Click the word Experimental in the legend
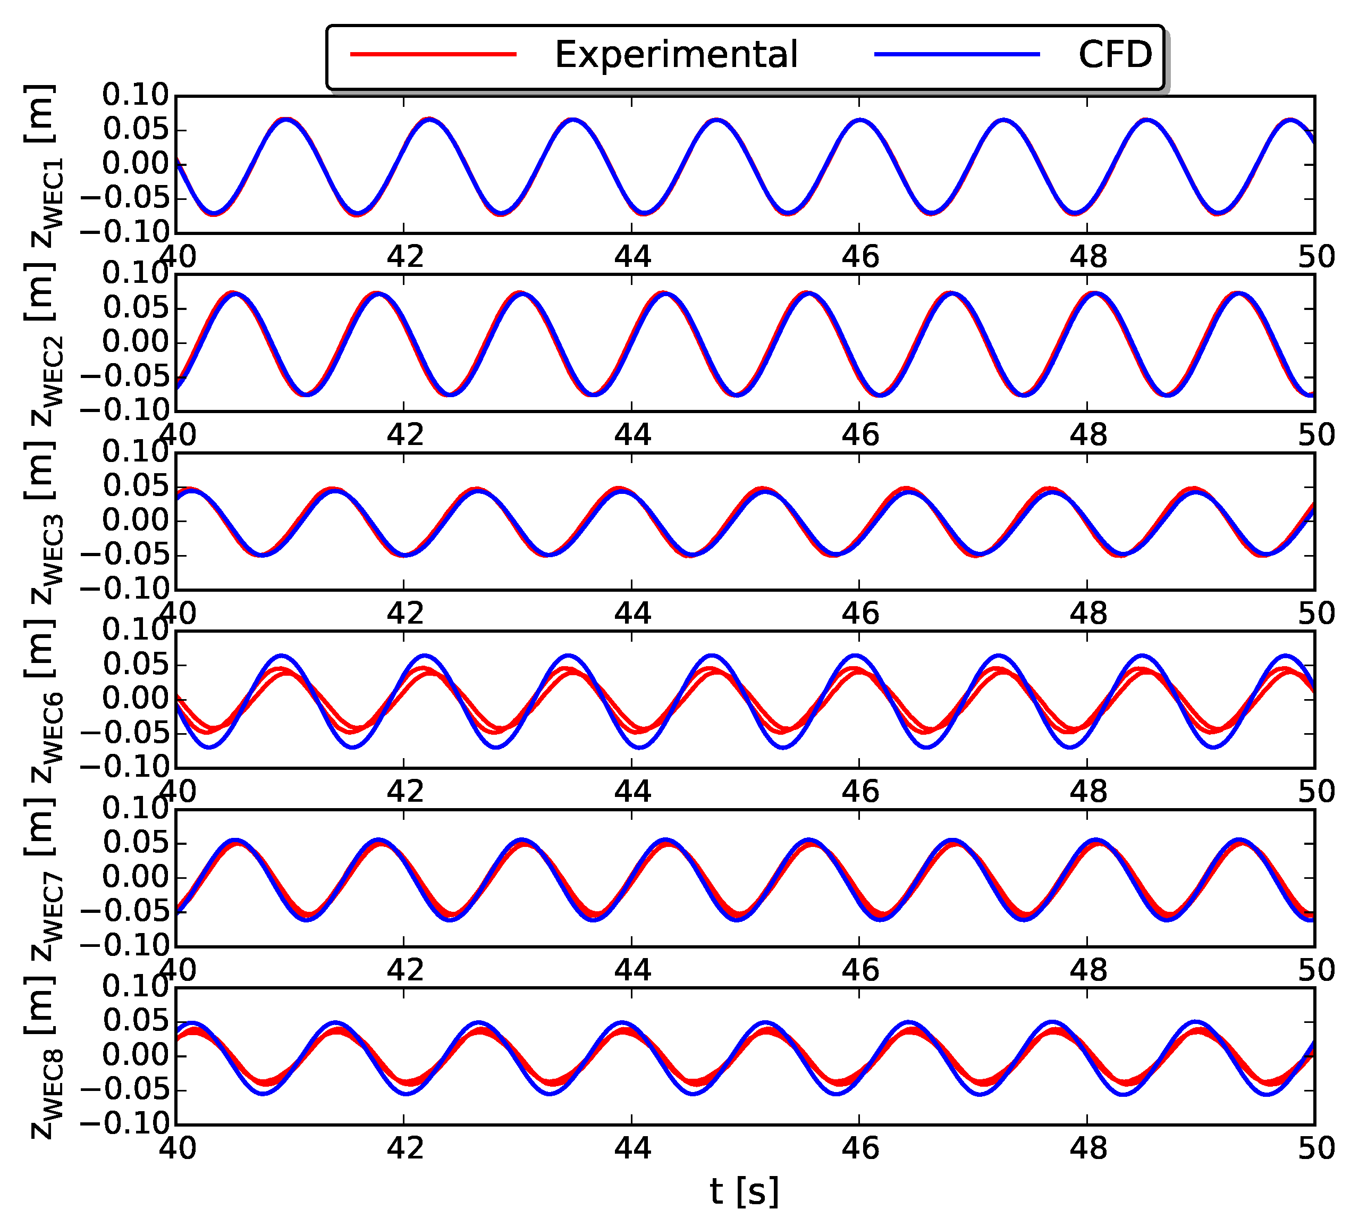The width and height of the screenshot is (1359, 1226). tap(676, 55)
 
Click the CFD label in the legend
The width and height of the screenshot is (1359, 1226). tap(1115, 55)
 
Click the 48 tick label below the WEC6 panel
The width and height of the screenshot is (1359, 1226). tap(1087, 792)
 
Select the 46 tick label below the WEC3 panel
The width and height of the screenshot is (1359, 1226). tap(860, 614)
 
